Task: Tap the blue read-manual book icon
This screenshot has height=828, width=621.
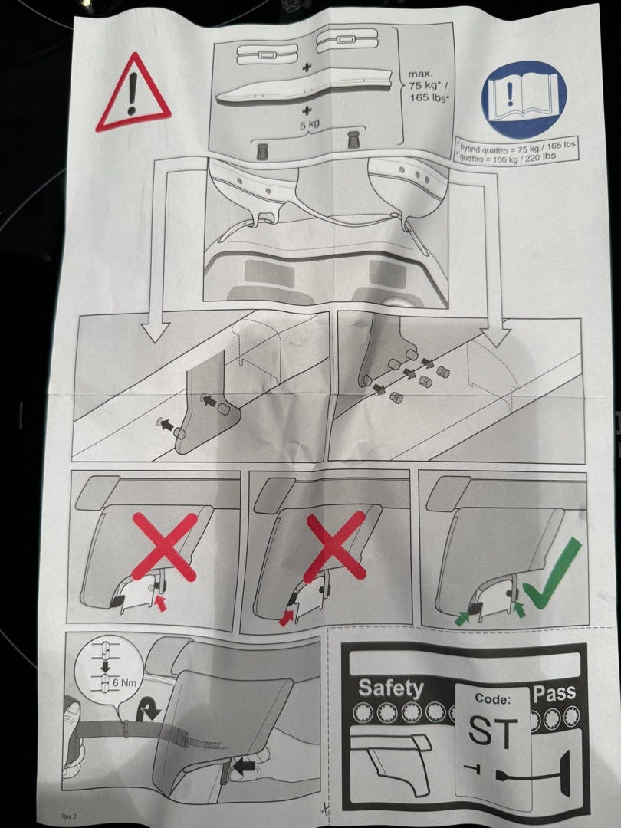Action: (524, 99)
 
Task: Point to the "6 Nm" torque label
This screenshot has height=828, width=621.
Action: (124, 682)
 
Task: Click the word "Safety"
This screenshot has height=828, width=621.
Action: (391, 688)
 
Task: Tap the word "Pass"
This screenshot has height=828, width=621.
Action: (554, 693)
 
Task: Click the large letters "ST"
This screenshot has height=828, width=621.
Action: (492, 732)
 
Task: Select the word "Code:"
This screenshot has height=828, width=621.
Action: (492, 698)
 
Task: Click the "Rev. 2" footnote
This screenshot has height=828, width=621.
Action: (69, 816)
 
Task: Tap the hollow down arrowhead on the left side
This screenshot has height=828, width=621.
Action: (156, 332)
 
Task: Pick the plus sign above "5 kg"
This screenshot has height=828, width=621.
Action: (307, 110)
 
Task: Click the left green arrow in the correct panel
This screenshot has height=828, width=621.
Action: (462, 617)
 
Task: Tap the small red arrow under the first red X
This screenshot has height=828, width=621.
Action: (161, 603)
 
